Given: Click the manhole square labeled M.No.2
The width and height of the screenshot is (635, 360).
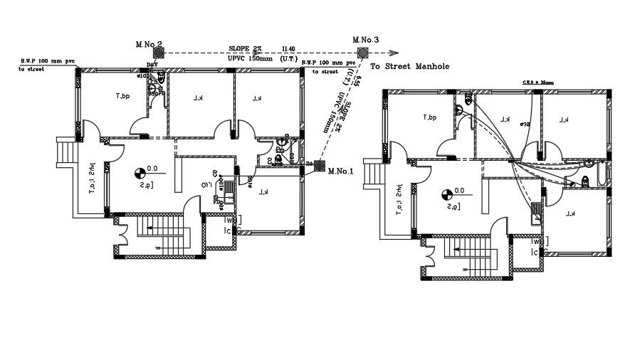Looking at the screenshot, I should [159, 51].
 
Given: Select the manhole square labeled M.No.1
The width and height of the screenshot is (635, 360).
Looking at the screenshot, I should [320, 165].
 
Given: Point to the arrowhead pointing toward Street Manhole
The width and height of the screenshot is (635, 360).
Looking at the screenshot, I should [393, 51].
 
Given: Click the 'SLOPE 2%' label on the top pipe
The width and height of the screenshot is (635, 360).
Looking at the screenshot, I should [246, 48].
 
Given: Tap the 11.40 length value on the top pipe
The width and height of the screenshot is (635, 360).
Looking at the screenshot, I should [289, 48].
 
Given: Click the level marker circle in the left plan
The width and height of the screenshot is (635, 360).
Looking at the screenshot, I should [139, 171].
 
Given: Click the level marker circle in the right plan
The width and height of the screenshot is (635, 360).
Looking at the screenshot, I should [446, 193].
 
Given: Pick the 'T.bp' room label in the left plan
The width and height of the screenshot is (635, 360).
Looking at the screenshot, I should [123, 96].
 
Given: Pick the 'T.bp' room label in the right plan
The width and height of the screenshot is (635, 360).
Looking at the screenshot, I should [429, 118].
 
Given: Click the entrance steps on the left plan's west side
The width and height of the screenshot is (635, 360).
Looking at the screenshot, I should [64, 152].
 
